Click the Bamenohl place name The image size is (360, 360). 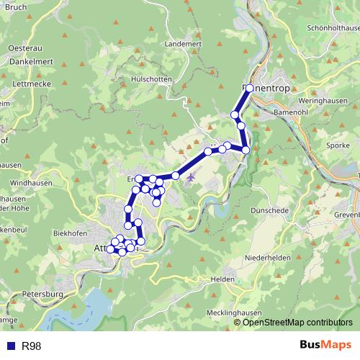290,113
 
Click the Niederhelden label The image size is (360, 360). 268,257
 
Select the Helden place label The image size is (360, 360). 220,278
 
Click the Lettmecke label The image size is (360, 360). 22,84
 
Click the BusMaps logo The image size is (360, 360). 321,346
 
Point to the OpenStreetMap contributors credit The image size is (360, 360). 298,322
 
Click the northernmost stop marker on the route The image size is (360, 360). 249,88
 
